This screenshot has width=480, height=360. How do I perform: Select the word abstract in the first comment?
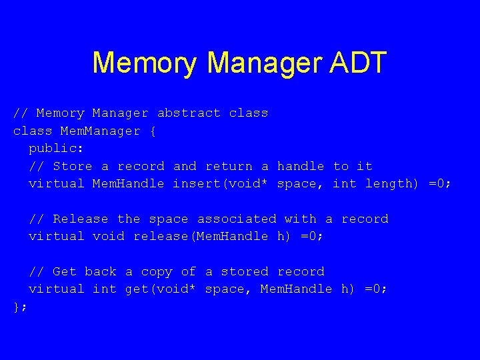coord(189,113)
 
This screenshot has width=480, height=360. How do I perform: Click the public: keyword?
coord(56,149)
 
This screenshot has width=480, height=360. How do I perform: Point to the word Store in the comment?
coord(73,166)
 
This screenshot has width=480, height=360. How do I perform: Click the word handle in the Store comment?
coord(301,166)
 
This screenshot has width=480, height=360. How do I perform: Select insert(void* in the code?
coord(221,183)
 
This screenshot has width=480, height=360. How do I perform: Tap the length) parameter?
coord(393,183)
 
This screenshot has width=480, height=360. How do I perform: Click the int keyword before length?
coord(344,183)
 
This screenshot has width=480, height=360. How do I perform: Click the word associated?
coord(236,219)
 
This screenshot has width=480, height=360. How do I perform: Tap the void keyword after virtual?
coord(108,236)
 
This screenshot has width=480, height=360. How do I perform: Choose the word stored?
coord(244,271)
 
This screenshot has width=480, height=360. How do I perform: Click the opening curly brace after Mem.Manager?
coord(153,131)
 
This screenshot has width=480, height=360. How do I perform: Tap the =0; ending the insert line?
coord(440,183)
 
